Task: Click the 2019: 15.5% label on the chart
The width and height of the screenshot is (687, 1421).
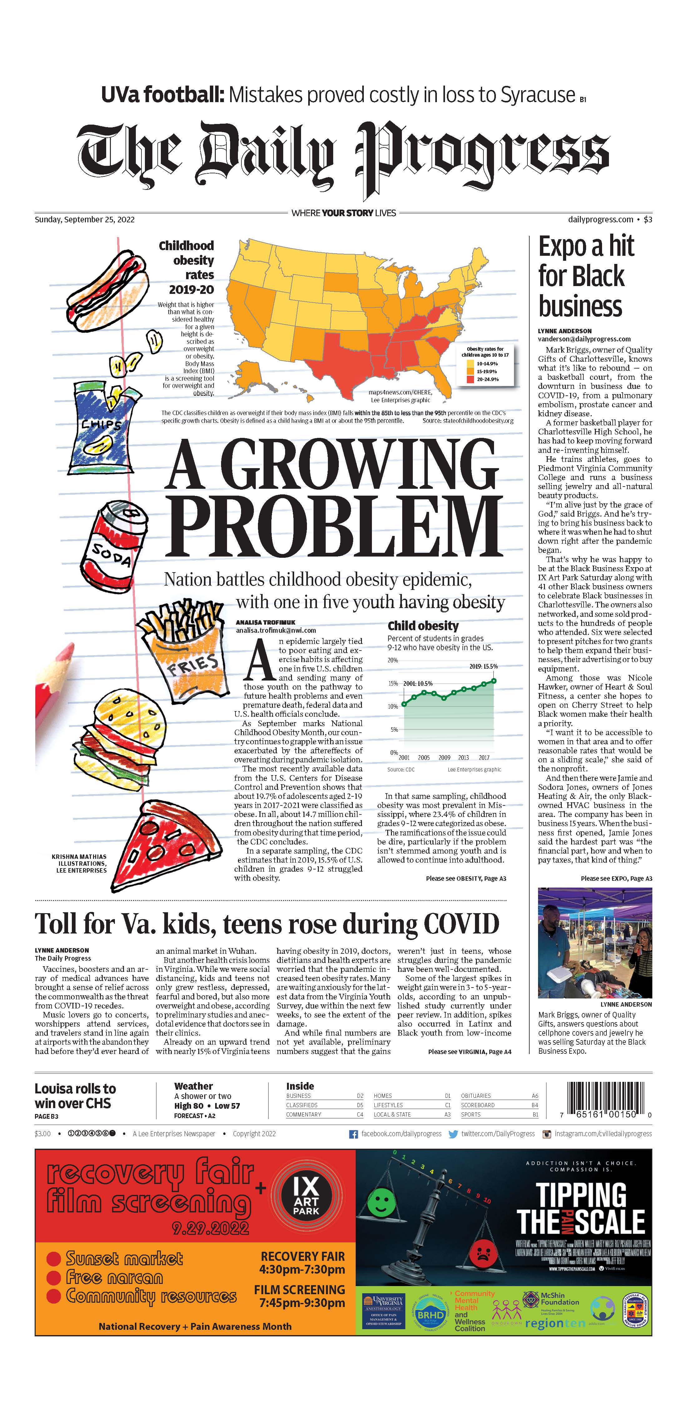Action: (x=483, y=666)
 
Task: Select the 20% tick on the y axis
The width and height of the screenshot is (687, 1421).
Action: (x=393, y=660)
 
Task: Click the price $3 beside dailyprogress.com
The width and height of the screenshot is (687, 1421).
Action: (x=648, y=219)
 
